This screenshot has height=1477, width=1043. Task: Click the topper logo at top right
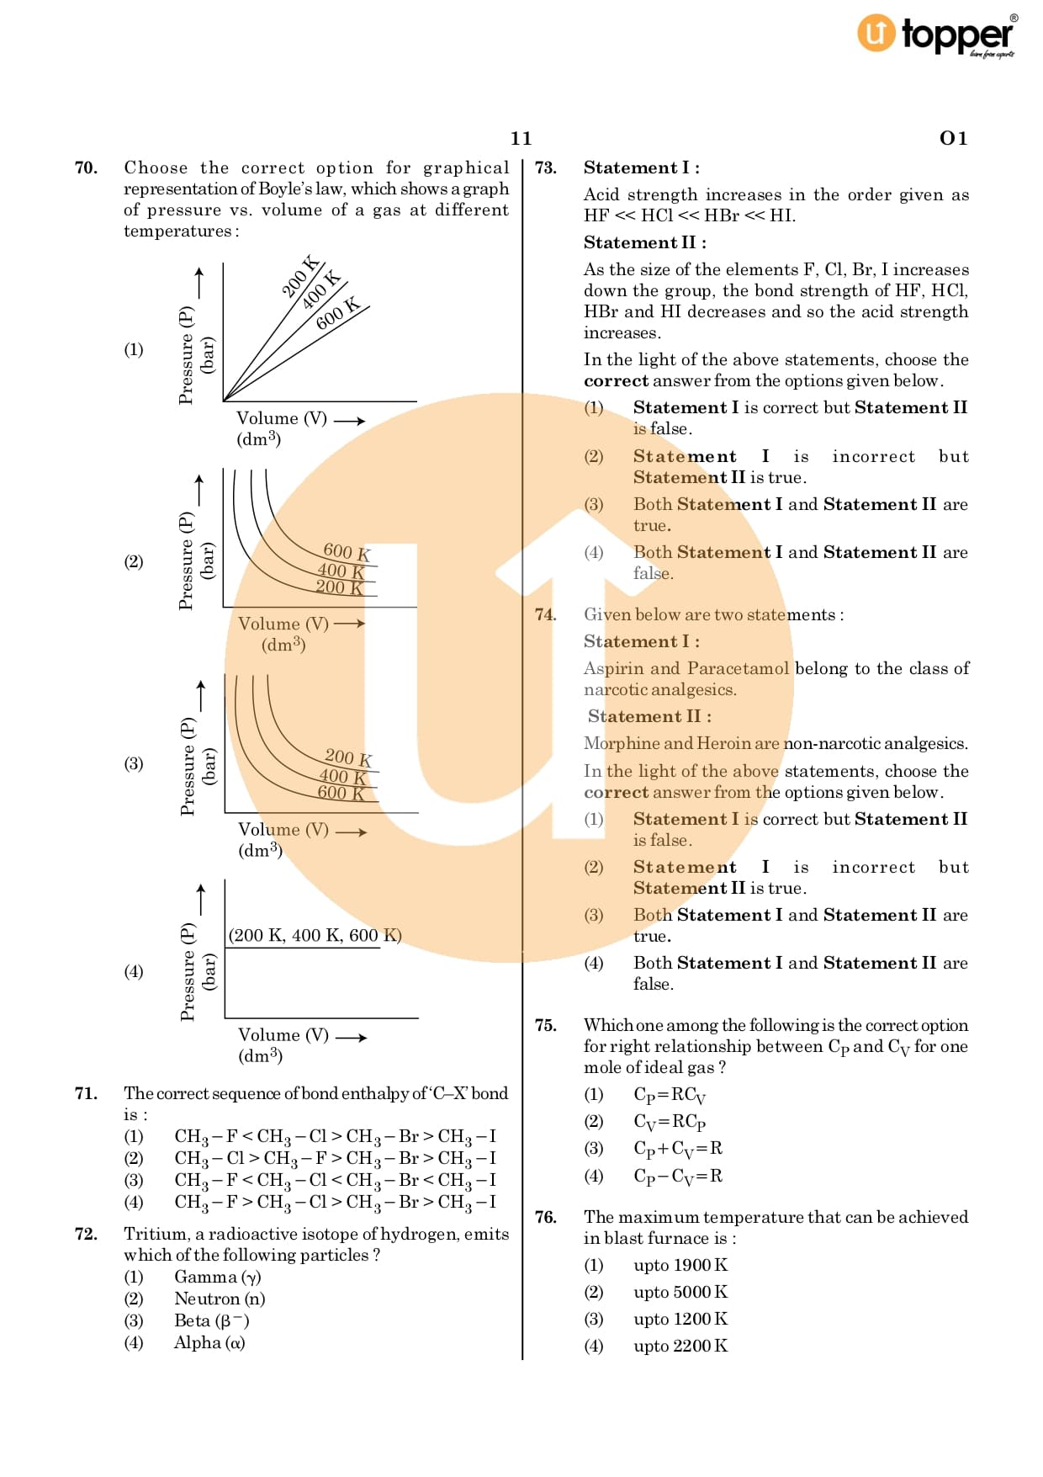[935, 35]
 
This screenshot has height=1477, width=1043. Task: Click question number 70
[86, 167]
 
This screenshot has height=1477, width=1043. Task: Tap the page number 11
[521, 138]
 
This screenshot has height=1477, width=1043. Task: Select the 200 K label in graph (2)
[339, 587]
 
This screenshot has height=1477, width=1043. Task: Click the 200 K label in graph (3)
[348, 757]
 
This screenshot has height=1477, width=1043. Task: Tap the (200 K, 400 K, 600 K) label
[315, 935]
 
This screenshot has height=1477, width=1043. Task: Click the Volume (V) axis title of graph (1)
[281, 418]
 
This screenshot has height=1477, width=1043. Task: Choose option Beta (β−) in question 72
[211, 1320]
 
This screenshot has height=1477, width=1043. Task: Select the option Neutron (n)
[220, 1299]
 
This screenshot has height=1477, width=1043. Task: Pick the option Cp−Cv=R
[677, 1176]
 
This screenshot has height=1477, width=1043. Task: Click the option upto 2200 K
[680, 1346]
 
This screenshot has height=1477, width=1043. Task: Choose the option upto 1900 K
[680, 1265]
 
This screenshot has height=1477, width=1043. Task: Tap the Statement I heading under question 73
[641, 167]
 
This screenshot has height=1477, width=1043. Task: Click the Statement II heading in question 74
[649, 716]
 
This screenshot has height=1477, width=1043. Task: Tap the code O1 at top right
[953, 138]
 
